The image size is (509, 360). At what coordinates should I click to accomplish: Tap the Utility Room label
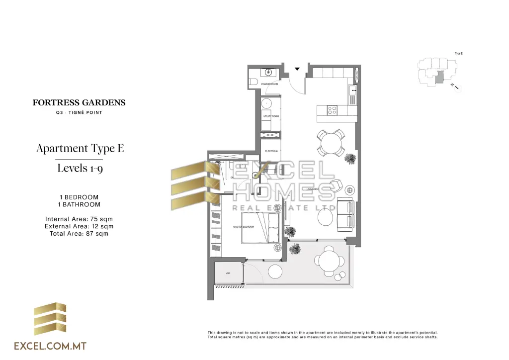(271, 116)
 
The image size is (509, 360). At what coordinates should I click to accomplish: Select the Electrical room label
(271, 151)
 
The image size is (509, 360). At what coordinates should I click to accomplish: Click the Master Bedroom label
(244, 227)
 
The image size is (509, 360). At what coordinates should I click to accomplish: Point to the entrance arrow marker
(297, 69)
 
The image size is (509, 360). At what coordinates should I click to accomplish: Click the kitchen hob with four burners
(332, 110)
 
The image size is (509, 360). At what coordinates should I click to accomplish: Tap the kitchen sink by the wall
(353, 93)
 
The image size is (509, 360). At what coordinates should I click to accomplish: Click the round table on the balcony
(329, 261)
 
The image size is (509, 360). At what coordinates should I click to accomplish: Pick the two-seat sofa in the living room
(345, 214)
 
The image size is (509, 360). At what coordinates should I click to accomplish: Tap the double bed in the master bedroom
(260, 228)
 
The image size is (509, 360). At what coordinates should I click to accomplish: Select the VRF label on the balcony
(228, 273)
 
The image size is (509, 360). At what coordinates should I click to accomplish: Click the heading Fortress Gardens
(79, 103)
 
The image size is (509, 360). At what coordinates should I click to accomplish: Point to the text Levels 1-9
(80, 168)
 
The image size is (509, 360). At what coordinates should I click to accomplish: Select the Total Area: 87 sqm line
(79, 233)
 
